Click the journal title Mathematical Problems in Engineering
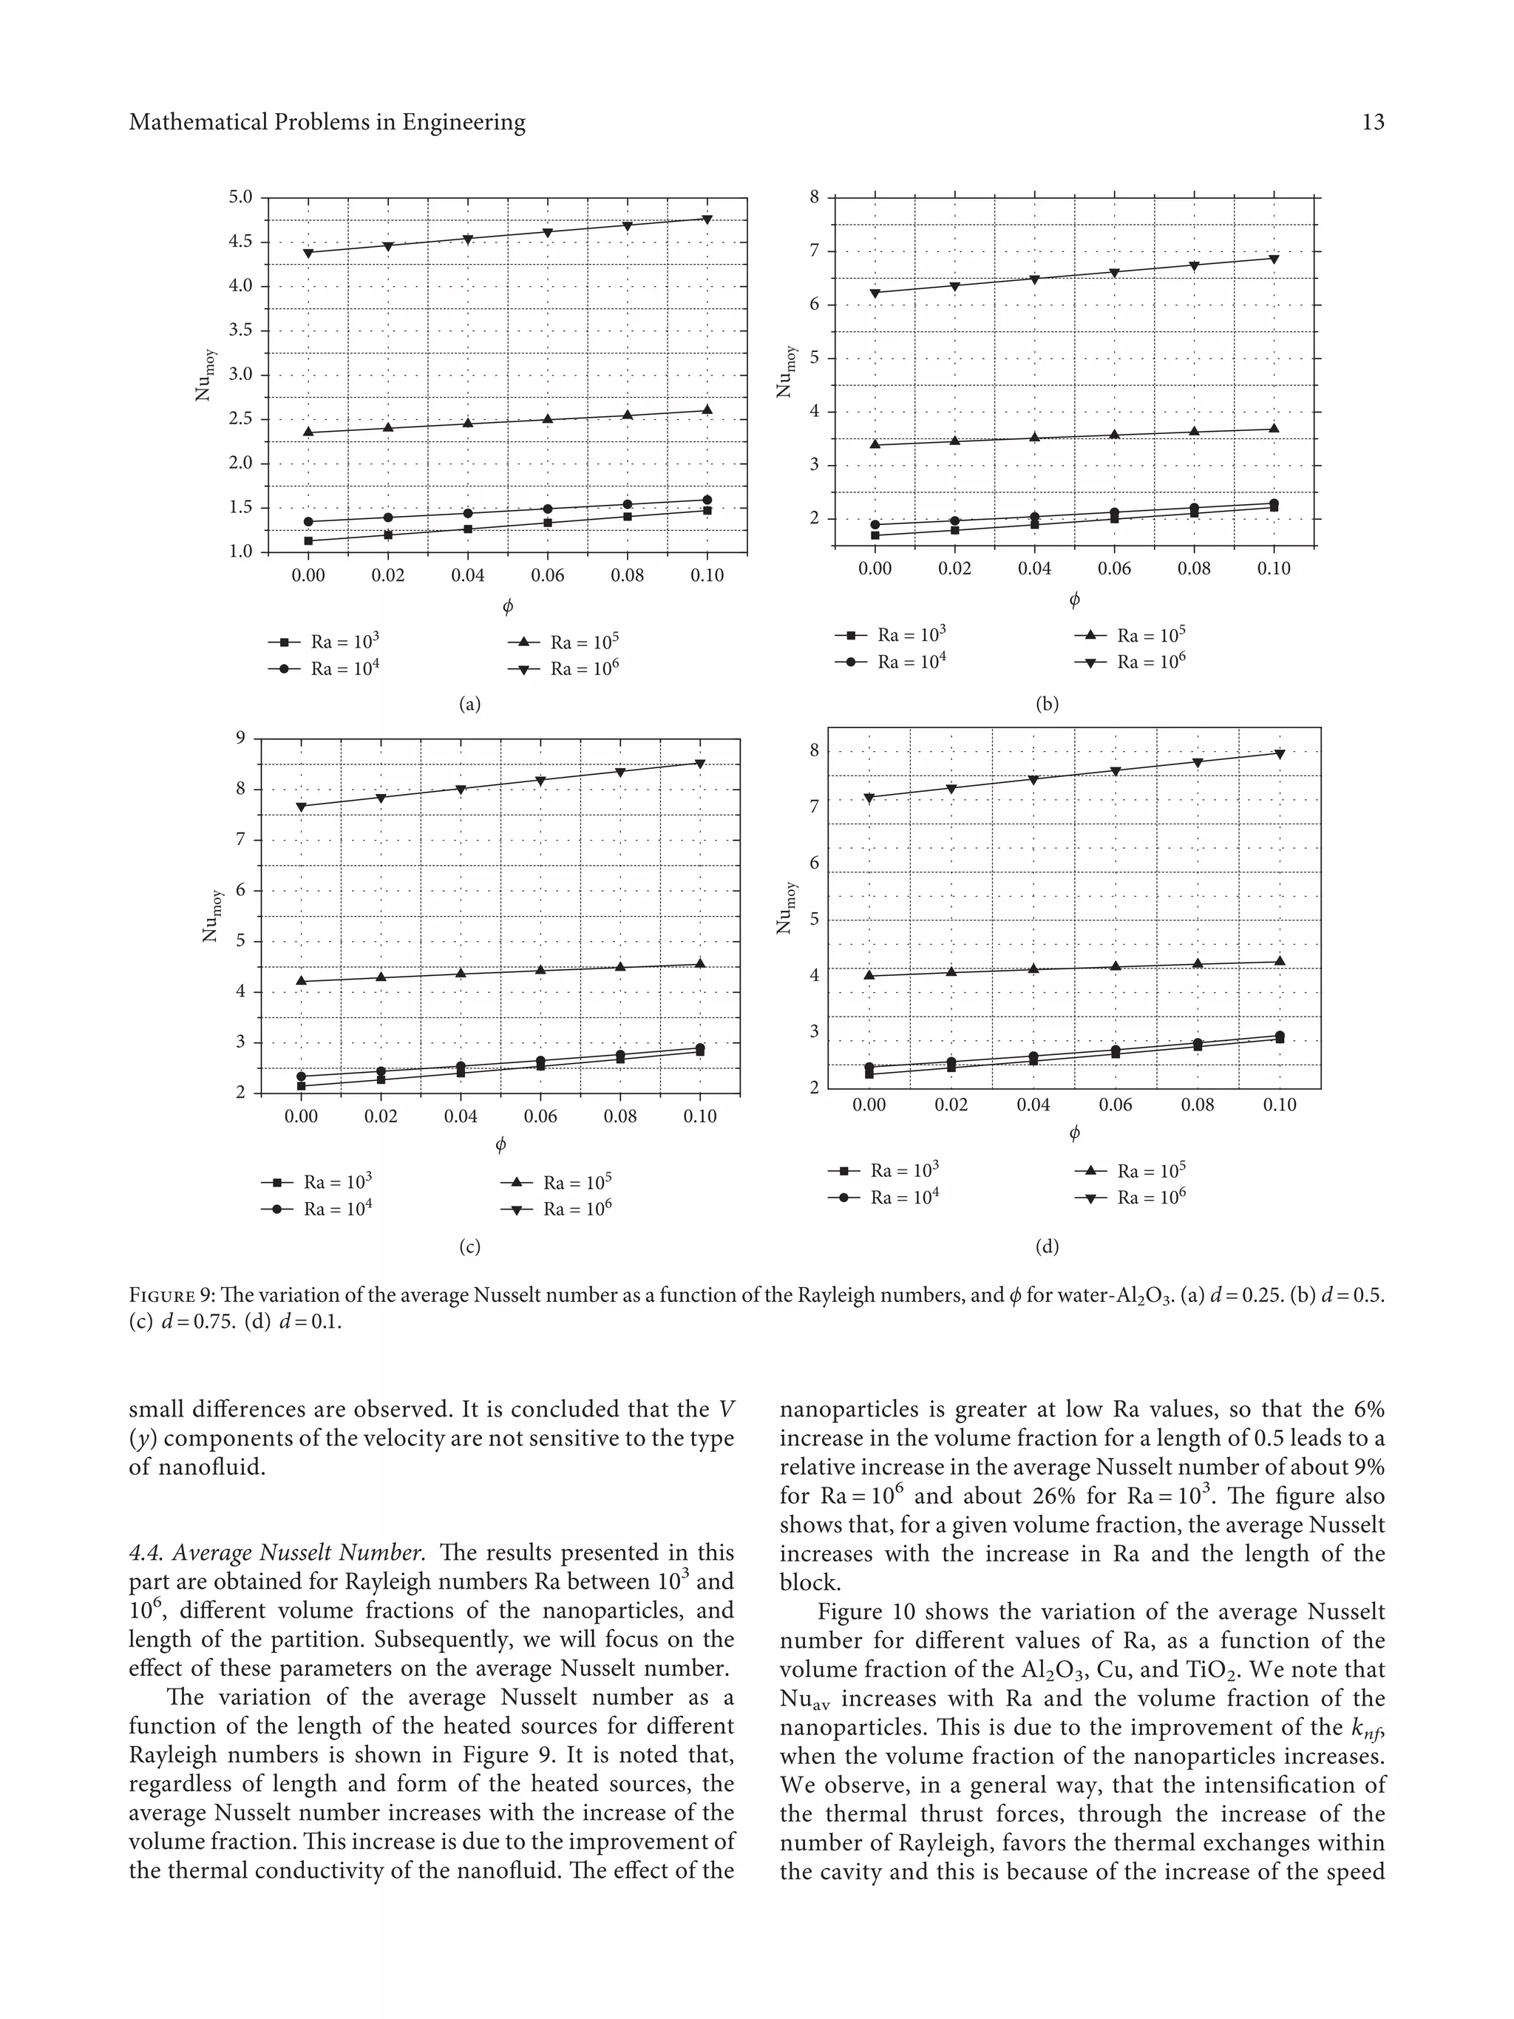(x=327, y=122)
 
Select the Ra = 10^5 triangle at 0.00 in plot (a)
(x=308, y=432)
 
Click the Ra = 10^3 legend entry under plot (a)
(x=324, y=642)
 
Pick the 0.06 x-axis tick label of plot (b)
(x=1114, y=569)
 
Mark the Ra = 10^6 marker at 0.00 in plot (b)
(x=875, y=293)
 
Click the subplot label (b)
(x=1047, y=704)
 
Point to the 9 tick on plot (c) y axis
(x=241, y=738)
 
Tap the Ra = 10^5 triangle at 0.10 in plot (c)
(x=700, y=963)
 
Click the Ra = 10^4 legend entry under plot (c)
(x=316, y=1209)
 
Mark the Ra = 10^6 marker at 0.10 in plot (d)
(x=1280, y=754)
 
